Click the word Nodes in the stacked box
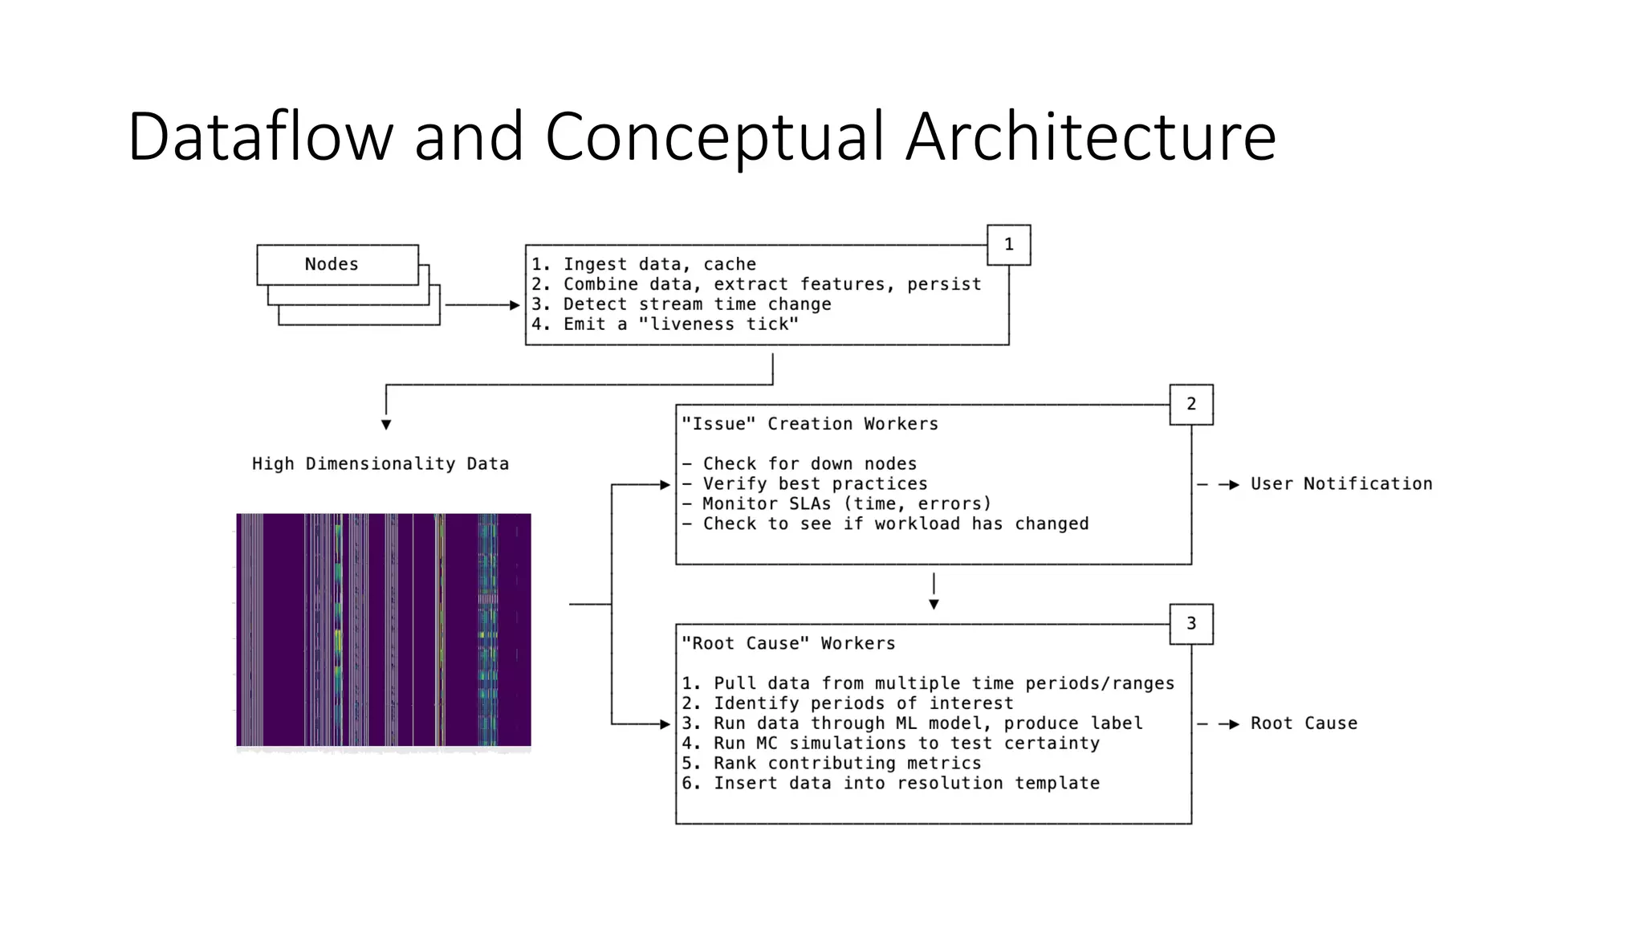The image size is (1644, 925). coord(331,264)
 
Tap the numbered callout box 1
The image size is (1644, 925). coord(1008,245)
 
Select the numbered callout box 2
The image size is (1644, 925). coord(1190,404)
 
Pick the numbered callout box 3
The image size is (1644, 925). coord(1190,624)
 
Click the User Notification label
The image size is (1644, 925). coord(1341,483)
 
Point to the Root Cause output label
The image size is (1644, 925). coord(1303,723)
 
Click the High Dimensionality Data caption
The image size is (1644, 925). coord(380,464)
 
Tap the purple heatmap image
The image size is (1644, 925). coord(383,630)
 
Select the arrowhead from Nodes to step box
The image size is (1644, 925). coord(515,305)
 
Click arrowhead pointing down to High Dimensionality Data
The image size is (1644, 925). coord(386,425)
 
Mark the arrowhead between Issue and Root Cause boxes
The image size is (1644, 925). coord(934,605)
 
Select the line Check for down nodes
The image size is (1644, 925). coord(800,464)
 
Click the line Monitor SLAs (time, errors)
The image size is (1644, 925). coord(836,503)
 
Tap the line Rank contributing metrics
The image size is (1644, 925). coord(832,764)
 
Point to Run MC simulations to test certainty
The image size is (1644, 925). coord(891,744)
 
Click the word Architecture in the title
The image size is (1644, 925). coord(1090,137)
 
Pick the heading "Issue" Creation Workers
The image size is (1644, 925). coord(809,424)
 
